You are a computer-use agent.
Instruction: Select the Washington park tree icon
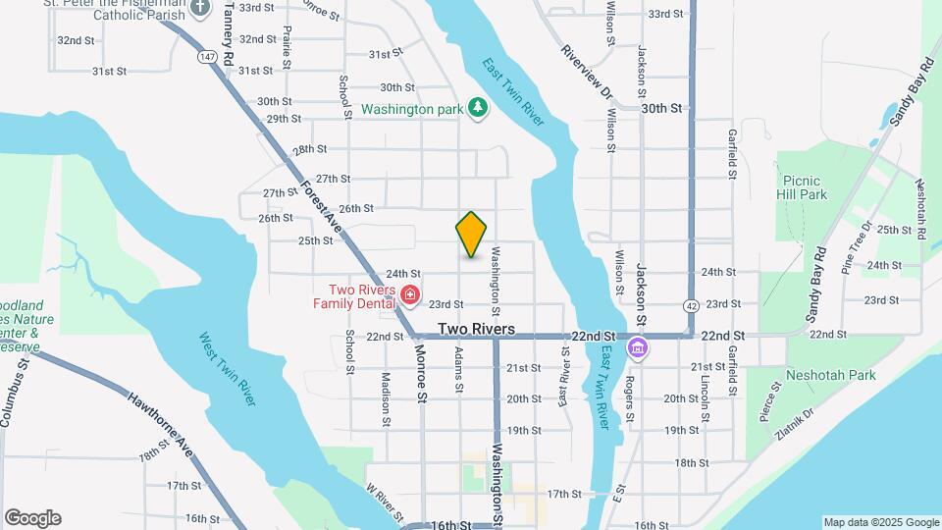tap(477, 108)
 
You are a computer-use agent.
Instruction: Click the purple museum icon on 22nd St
tap(639, 347)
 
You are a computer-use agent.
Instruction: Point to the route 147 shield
tap(206, 57)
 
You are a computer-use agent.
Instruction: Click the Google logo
tap(32, 518)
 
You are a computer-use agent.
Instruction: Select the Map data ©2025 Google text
tap(880, 522)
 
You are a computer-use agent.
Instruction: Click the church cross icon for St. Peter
tap(200, 8)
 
